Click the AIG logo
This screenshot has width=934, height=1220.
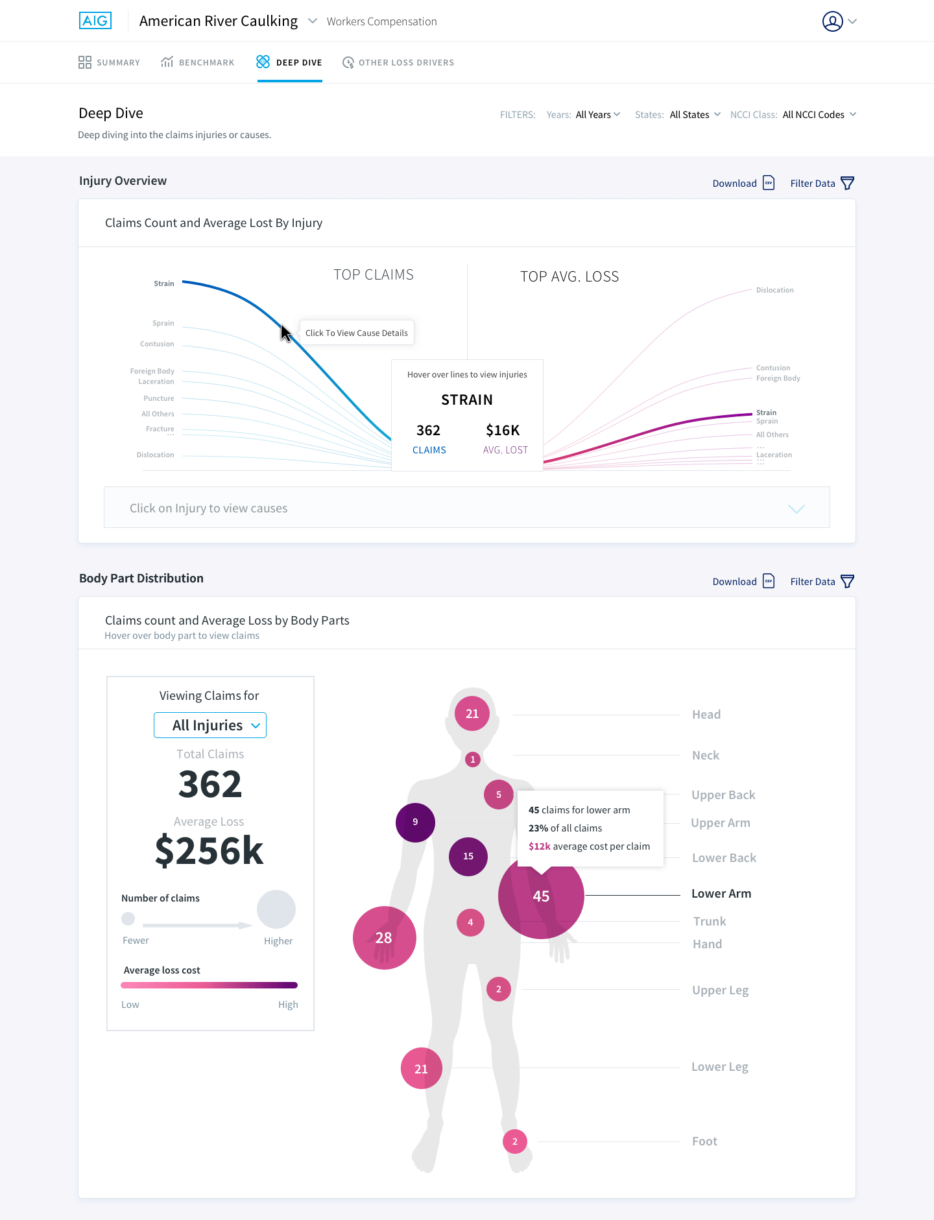[95, 21]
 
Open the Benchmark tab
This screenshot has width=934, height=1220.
[198, 62]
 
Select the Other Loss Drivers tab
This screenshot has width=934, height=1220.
[398, 62]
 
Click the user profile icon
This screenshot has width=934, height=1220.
[832, 21]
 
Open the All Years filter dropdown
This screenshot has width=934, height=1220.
[597, 115]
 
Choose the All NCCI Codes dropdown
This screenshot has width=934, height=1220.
[819, 115]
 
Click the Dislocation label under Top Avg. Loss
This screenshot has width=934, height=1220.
[774, 290]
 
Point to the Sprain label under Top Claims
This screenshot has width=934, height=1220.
[163, 323]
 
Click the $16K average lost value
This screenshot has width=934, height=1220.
[503, 431]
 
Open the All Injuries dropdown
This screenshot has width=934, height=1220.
[210, 725]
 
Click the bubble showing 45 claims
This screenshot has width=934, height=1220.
[541, 896]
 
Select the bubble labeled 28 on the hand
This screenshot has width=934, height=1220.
[384, 938]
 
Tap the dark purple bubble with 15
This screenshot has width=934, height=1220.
[468, 856]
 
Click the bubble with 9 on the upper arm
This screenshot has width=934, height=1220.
[415, 822]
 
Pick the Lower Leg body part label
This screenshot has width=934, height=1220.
[719, 1067]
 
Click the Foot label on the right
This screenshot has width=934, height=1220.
[704, 1142]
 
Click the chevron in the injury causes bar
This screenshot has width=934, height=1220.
[796, 508]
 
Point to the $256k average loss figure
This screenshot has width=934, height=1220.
[209, 851]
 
